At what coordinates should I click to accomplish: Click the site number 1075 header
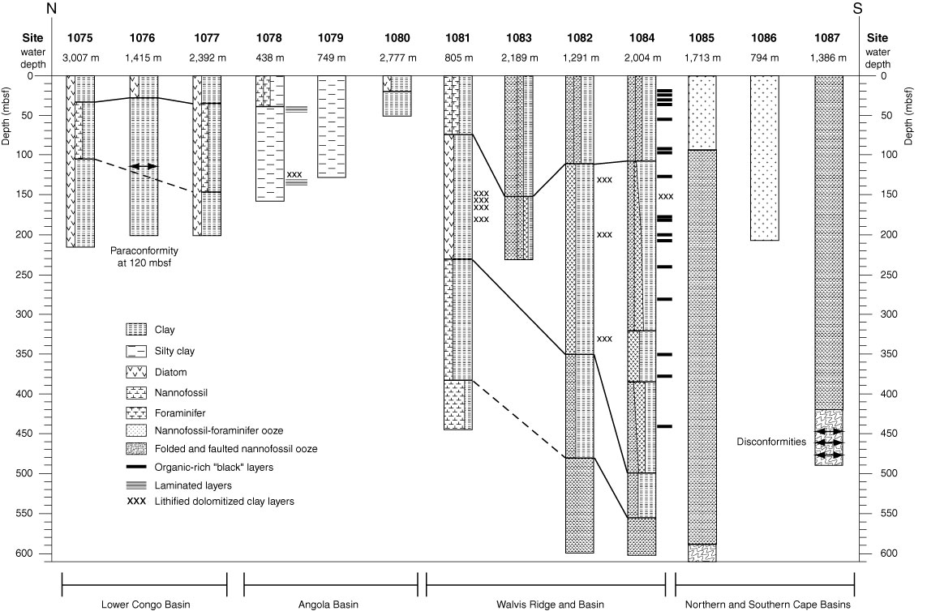pos(79,38)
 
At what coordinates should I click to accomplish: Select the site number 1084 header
pos(642,38)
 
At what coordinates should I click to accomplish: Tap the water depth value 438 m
pos(269,58)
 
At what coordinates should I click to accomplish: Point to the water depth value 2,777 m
pos(397,58)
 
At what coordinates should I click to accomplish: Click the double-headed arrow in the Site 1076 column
pos(144,167)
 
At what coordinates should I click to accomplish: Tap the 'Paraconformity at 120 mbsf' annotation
pos(144,257)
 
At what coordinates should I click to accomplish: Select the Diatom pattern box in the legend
pos(136,372)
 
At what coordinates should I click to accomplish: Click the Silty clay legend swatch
pos(136,352)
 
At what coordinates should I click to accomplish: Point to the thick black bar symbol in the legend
pos(136,468)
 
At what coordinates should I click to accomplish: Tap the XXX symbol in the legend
pos(136,502)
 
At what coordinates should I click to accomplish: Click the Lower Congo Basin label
pos(145,605)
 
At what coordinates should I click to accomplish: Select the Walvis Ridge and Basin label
pos(550,605)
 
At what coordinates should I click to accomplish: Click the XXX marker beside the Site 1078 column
pos(294,174)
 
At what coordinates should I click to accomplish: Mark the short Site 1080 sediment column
pos(397,96)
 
